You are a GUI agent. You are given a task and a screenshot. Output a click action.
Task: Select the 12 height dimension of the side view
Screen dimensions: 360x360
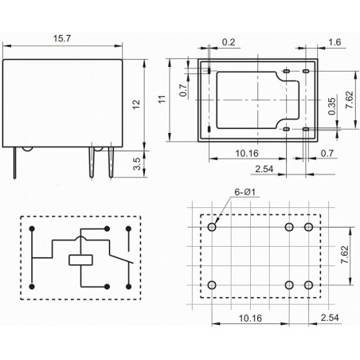coord(135,104)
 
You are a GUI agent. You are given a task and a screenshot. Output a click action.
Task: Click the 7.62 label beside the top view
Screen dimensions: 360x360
coord(348,100)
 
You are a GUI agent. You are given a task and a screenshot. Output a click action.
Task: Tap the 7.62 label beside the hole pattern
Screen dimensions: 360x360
coord(344,256)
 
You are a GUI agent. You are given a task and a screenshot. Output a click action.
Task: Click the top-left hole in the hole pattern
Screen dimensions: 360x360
coord(212,227)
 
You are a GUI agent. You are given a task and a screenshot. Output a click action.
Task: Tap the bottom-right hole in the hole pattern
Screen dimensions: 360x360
coord(309,285)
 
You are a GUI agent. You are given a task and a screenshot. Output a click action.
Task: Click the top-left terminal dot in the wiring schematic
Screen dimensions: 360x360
coord(31,229)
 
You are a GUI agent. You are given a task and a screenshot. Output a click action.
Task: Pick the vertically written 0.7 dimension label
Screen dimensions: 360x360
coord(183,93)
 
